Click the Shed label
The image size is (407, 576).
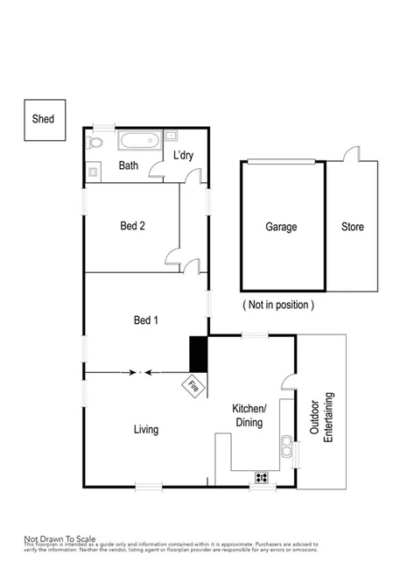pos(42,119)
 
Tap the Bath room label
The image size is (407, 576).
pos(128,165)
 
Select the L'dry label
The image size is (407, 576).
pos(183,156)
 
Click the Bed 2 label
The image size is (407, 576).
pos(132,226)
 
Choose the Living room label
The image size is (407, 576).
pos(145,430)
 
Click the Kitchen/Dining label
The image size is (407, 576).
pos(249,416)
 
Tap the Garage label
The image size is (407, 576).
pos(281,227)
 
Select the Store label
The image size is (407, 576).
pos(353,227)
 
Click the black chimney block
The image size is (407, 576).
pos(198,354)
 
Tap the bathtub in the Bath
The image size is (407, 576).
pos(138,141)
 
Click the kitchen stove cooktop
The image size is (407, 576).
pos(261,477)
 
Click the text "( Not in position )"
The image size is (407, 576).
pos(277,305)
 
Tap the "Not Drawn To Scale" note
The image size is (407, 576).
pos(60,538)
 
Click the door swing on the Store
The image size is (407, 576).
pos(354,154)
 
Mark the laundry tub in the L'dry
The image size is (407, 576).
pos(171,136)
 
